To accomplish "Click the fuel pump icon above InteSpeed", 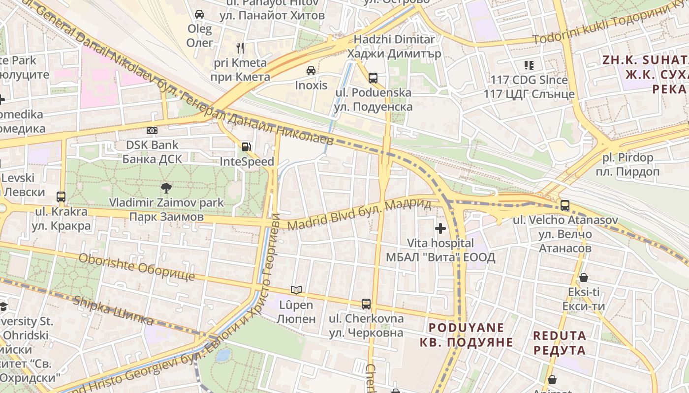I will [x=246, y=146].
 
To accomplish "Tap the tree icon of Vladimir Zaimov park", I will [x=166, y=187].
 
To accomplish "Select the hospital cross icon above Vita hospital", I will [x=440, y=228].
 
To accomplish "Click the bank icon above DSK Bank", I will [x=152, y=131].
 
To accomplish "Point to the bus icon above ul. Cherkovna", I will [x=366, y=304].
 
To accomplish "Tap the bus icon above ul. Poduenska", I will [x=373, y=78].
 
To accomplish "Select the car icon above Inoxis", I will [x=311, y=71].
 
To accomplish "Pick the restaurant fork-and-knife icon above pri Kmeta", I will [x=240, y=48].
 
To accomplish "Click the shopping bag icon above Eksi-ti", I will [x=584, y=278].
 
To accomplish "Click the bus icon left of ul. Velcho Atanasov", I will [x=564, y=205].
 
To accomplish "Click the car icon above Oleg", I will [x=199, y=14].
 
